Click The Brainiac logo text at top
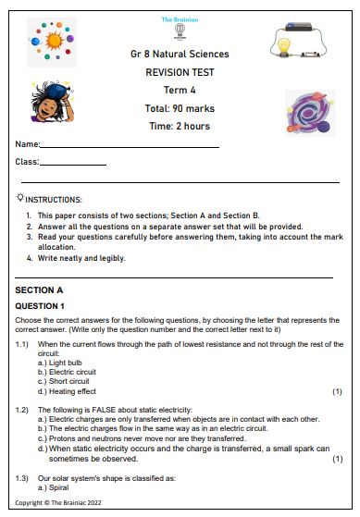pyautogui.click(x=180, y=19)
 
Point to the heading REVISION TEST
pyautogui.click(x=180, y=71)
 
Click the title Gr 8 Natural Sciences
pyautogui.click(x=180, y=55)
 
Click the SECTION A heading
pyautogui.click(x=40, y=289)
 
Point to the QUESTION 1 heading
pyautogui.click(x=40, y=305)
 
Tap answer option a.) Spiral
pyautogui.click(x=56, y=486)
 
